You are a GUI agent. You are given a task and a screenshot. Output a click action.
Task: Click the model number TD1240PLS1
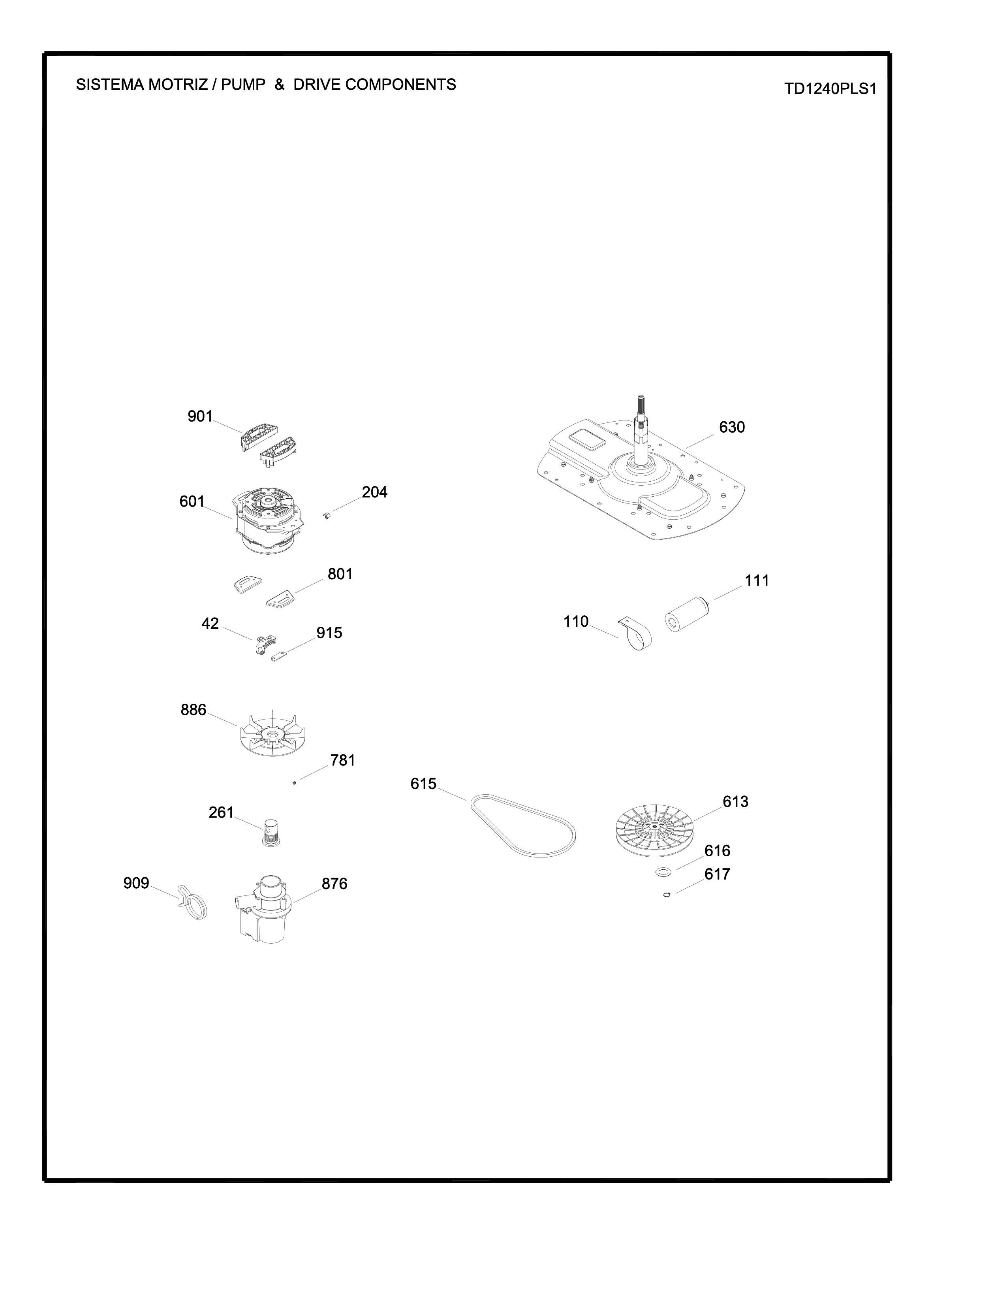pos(830,89)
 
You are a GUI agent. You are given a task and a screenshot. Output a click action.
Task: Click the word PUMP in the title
pos(243,85)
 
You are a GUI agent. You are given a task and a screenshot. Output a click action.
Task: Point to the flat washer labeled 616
pos(663,872)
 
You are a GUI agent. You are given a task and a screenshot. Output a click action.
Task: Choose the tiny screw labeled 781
pos(294,782)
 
